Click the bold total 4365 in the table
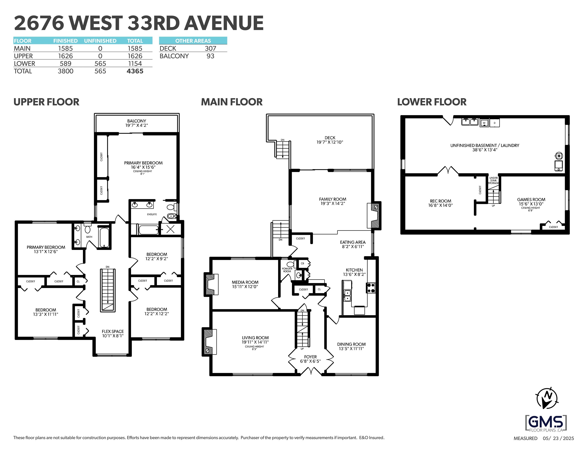click(135, 71)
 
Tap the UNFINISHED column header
click(100, 41)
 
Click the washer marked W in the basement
click(484, 123)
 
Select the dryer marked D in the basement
click(494, 123)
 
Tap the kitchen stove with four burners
click(371, 288)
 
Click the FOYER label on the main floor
click(310, 357)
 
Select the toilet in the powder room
click(290, 264)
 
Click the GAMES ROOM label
click(531, 200)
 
